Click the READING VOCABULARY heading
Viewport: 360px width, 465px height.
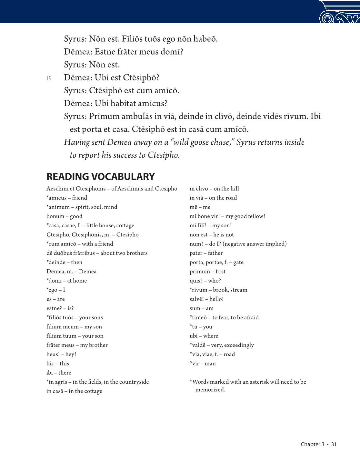click(100, 177)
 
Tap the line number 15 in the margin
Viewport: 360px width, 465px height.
click(49, 78)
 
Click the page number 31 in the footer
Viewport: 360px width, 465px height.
click(334, 444)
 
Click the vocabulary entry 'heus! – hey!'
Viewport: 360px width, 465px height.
click(61, 354)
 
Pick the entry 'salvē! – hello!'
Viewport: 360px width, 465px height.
click(206, 299)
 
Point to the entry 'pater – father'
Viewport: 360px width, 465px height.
click(206, 253)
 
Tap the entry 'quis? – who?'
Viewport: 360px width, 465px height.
click(205, 281)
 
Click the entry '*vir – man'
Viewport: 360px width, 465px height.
click(203, 364)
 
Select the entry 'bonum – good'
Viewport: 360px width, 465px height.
click(64, 216)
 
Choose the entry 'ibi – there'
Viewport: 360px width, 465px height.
click(59, 373)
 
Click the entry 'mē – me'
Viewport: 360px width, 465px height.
click(200, 207)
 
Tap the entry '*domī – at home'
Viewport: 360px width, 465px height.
click(66, 281)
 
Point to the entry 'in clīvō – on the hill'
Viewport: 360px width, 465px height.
click(214, 189)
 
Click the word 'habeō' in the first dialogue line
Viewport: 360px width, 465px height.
click(205, 39)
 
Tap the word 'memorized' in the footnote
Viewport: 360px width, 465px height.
click(210, 390)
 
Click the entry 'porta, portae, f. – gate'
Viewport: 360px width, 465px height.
click(216, 262)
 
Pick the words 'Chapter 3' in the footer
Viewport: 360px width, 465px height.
click(312, 444)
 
